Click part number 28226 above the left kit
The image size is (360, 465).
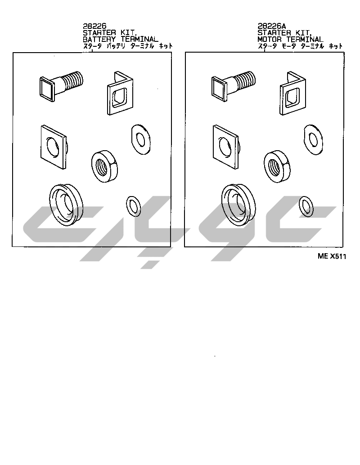point(94,26)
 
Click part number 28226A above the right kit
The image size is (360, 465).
point(271,26)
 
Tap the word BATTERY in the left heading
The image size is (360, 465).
point(99,39)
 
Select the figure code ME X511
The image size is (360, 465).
point(332,256)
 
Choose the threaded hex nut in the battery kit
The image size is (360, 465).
point(104,166)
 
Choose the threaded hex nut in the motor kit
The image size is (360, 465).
point(277,166)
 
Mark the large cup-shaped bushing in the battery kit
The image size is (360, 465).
point(66,205)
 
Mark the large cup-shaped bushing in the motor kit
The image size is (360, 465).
point(238,205)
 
